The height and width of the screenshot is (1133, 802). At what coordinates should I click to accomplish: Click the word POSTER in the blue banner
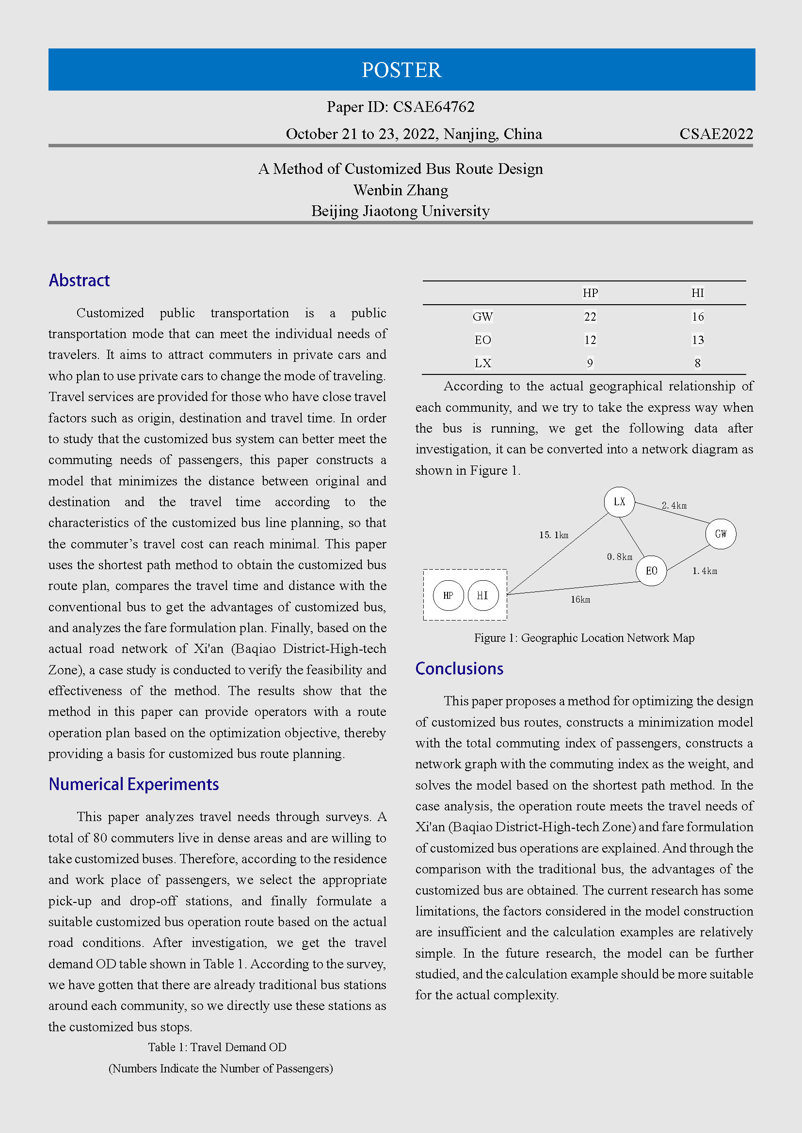[401, 70]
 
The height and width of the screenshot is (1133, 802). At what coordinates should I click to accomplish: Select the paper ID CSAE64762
[433, 107]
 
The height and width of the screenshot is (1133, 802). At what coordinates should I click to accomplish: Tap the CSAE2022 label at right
[716, 134]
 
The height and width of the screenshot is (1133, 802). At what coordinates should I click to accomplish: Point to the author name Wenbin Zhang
[401, 190]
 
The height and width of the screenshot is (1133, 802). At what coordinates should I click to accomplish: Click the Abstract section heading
[79, 280]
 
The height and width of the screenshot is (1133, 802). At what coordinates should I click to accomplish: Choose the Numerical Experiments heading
[133, 784]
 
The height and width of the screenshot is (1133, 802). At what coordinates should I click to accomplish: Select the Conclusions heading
[459, 668]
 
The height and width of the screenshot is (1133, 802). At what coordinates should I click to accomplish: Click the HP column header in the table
[590, 293]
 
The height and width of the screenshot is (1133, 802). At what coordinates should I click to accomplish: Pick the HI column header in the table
[697, 293]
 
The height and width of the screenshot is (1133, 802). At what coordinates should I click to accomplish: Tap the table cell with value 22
[590, 317]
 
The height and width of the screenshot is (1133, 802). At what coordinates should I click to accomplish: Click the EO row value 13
[697, 340]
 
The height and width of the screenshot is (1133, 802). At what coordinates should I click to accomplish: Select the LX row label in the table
[482, 363]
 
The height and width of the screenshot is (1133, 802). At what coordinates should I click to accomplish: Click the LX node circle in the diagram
[619, 502]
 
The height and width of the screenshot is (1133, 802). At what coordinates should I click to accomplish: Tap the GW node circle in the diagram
[721, 533]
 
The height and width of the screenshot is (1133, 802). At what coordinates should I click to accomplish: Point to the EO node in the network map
[651, 571]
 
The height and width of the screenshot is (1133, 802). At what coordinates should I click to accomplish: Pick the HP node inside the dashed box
[448, 596]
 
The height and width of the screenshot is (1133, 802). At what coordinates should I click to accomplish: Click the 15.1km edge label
[554, 535]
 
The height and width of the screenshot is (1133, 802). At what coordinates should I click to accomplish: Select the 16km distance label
[580, 600]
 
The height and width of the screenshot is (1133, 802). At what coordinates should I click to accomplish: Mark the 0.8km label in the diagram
[619, 557]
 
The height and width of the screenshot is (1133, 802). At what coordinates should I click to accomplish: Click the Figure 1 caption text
[584, 638]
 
